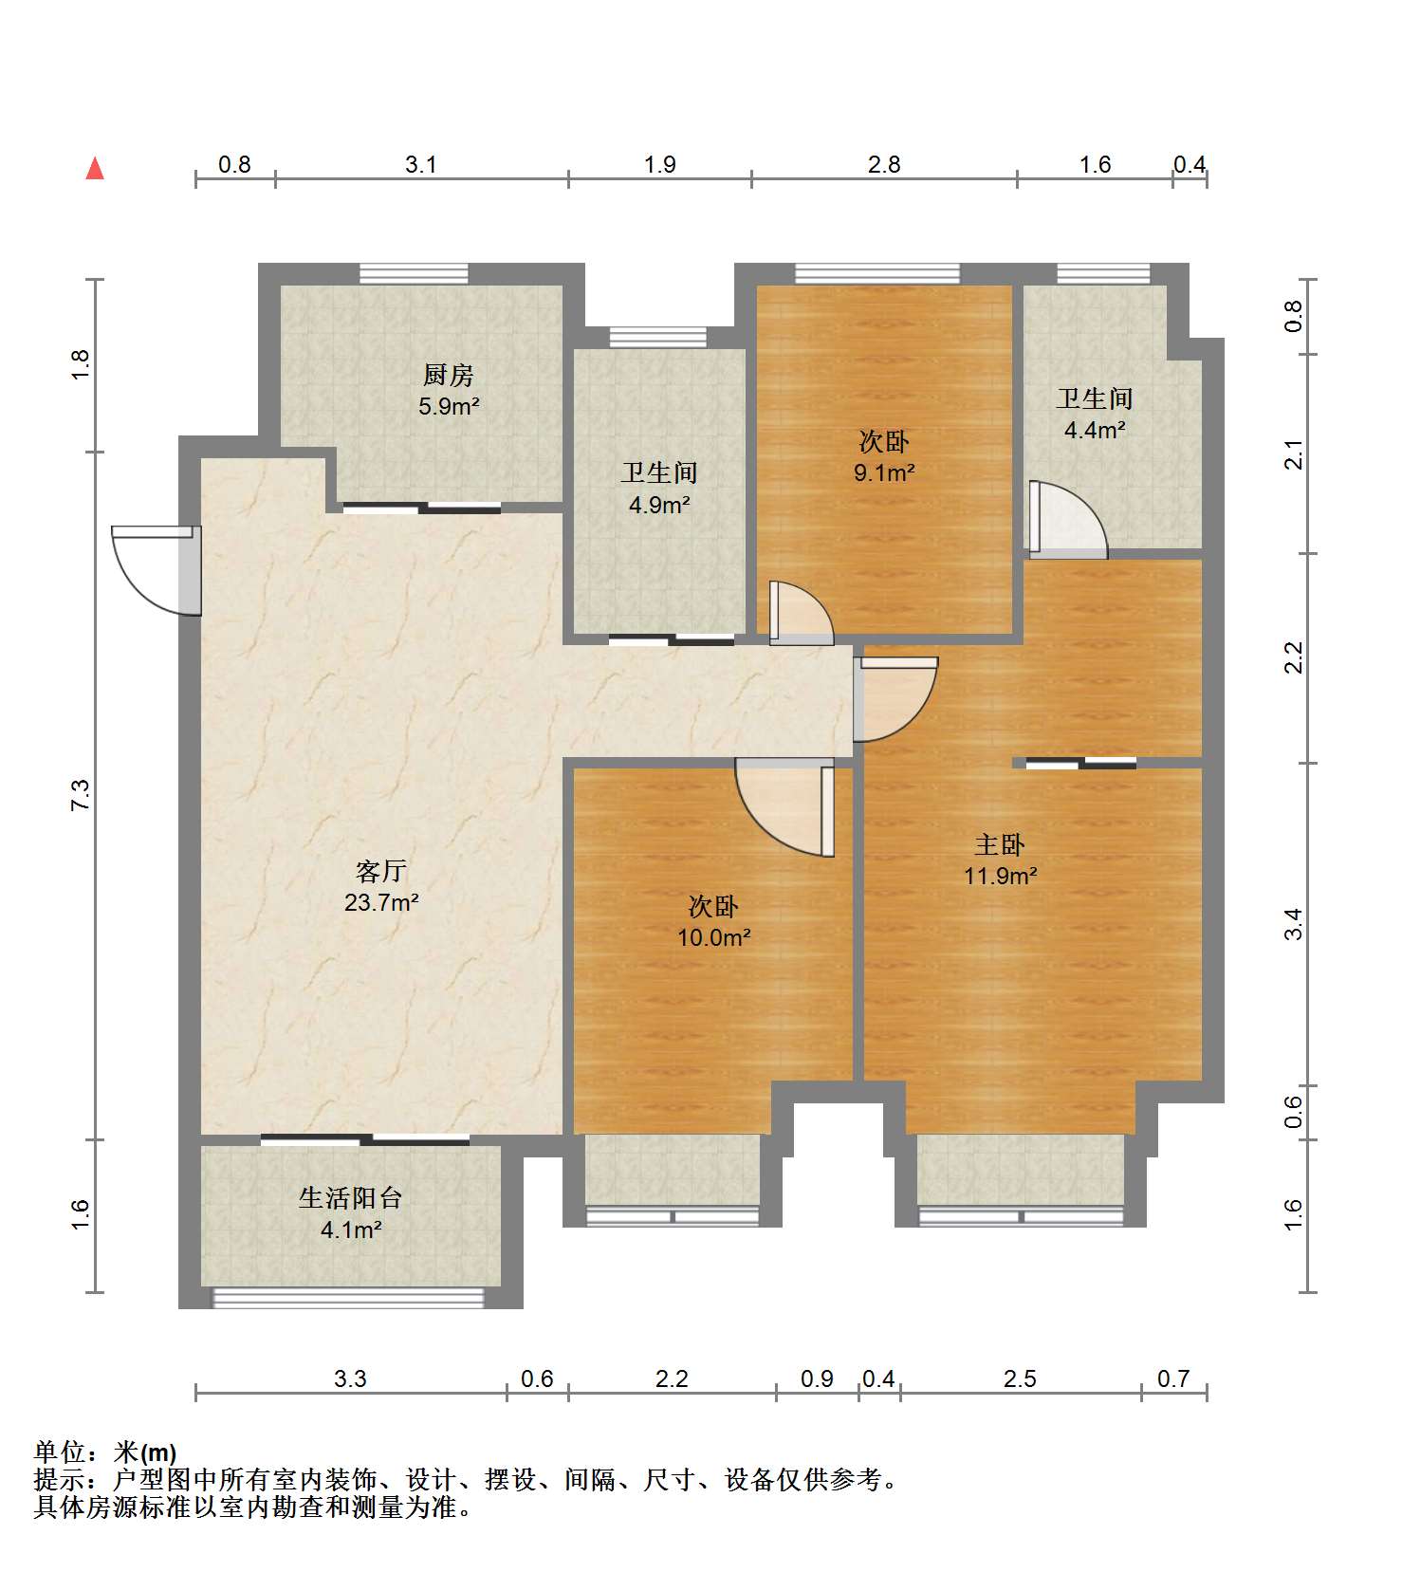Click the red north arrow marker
95,169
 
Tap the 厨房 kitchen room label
448,375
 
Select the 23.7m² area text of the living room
381,902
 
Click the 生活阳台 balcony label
350,1198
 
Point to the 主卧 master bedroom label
1000,844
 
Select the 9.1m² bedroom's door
801,614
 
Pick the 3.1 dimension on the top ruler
420,165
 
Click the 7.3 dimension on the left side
81,794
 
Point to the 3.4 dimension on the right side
1293,923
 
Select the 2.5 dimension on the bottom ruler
1020,1378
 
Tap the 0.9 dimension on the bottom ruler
817,1378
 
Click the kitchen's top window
414,274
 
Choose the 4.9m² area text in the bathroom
658,505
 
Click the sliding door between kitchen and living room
422,509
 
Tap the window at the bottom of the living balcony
348,1297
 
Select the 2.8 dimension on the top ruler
883,165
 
